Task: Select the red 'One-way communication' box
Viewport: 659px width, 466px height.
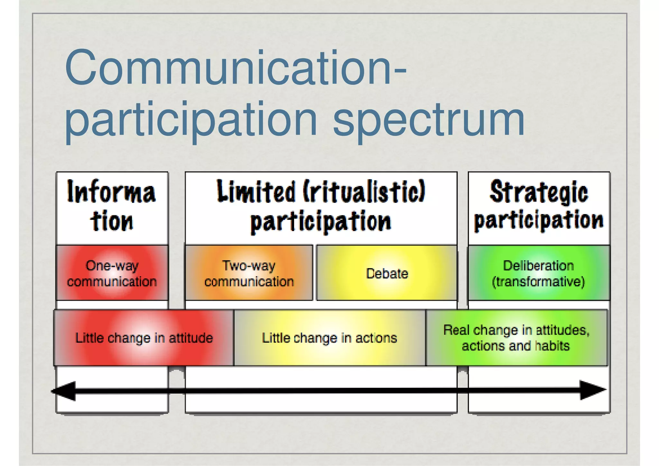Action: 112,273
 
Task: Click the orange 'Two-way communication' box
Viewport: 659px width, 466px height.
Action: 249,273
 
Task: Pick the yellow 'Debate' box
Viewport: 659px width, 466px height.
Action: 387,273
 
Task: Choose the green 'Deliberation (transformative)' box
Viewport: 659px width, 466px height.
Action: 539,273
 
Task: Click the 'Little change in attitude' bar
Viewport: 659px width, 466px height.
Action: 144,338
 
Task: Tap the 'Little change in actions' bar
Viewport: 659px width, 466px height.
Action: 329,338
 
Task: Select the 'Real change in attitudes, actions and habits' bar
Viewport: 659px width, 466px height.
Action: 516,338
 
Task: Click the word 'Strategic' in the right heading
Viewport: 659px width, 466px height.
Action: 539,192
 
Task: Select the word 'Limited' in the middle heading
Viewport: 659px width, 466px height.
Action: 256,191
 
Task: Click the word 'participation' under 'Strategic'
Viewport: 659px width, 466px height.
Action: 539,220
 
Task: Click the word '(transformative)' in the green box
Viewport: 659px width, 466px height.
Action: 538,282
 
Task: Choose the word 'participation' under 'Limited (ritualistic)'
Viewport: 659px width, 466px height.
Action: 321,221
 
